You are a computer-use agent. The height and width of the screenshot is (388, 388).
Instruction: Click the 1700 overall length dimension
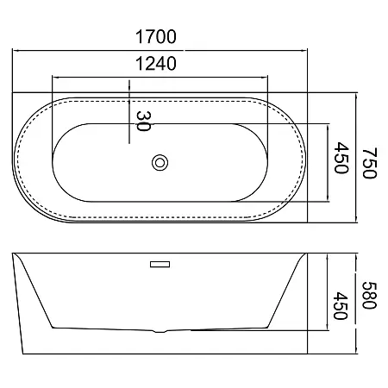156,36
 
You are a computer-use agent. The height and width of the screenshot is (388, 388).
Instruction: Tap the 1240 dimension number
156,64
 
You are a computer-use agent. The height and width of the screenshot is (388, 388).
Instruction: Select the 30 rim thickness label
143,121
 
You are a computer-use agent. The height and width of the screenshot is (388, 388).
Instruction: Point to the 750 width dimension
369,163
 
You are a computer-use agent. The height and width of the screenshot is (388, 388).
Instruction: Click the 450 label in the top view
341,158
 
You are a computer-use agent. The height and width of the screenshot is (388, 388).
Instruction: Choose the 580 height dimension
369,295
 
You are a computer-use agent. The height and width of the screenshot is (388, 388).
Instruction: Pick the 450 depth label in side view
341,306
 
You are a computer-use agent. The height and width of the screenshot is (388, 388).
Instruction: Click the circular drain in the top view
160,163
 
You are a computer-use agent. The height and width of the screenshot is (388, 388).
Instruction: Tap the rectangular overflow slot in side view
160,264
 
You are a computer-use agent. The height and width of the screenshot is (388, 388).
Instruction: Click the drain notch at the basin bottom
160,331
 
